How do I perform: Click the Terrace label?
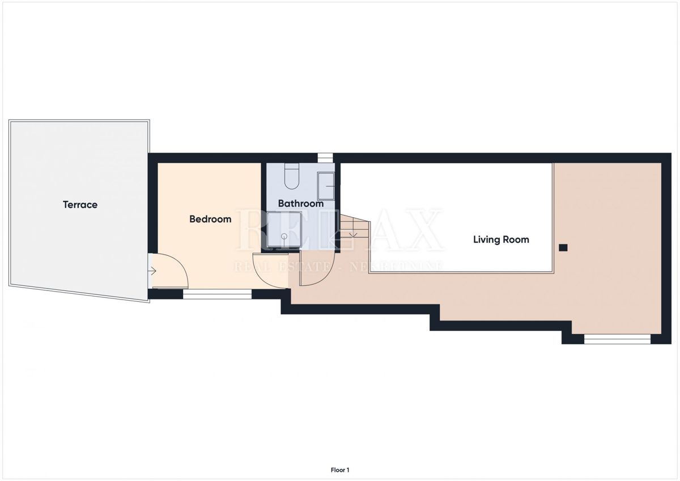(80, 205)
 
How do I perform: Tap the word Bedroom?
(210, 219)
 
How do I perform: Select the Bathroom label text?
(301, 204)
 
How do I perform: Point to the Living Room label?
(501, 240)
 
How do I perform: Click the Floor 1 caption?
(340, 470)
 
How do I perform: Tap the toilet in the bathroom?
(292, 176)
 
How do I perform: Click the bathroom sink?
(326, 186)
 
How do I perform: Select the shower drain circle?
(284, 236)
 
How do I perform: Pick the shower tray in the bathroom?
(284, 229)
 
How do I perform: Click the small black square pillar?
(563, 248)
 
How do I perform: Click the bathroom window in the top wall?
(325, 158)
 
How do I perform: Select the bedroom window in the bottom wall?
(218, 294)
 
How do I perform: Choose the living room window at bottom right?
(618, 339)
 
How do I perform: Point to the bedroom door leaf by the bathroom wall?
(270, 254)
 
